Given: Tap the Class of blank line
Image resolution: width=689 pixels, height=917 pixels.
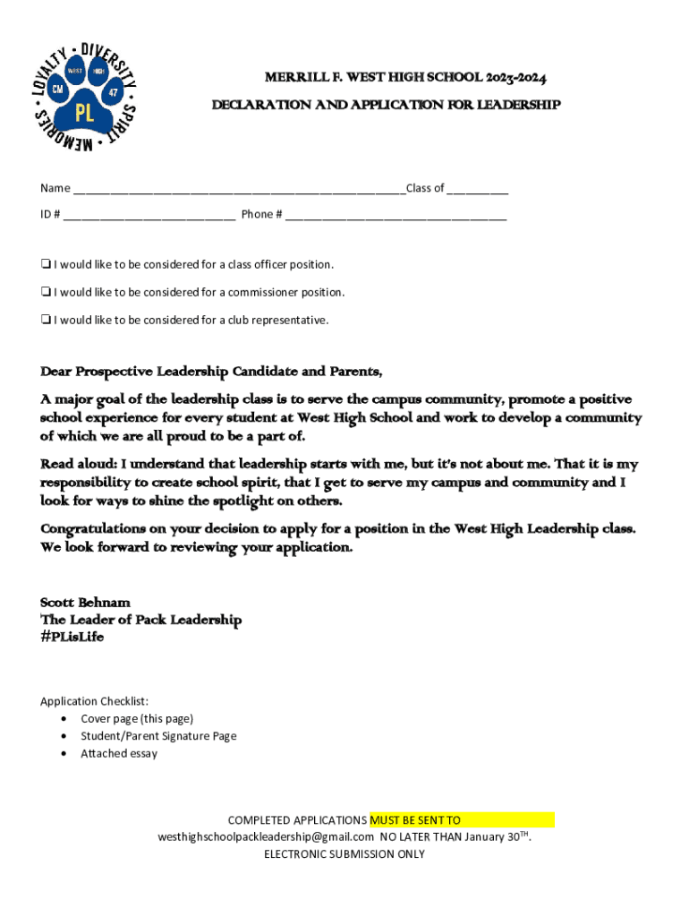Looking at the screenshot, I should [478, 190].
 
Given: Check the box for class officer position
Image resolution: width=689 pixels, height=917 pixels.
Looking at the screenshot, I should [45, 265].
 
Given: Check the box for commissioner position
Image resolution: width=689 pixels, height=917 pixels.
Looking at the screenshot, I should [45, 293].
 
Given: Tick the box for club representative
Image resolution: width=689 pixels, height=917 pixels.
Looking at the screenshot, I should [45, 321].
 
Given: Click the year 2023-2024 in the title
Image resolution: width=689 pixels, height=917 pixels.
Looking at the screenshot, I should [517, 78].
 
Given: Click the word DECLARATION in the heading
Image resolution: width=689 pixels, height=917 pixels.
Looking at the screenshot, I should [253, 106].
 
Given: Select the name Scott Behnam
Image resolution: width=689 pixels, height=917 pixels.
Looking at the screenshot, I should [86, 603].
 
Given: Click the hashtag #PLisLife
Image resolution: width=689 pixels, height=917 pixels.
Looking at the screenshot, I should [72, 637].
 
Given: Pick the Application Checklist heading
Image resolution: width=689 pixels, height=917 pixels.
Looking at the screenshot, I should [95, 701].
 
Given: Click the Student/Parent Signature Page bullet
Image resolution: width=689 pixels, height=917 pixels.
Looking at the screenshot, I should [158, 736].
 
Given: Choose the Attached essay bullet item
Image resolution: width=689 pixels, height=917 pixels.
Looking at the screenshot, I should [119, 754].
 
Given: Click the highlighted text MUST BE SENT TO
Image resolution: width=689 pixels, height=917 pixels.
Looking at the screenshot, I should [415, 819].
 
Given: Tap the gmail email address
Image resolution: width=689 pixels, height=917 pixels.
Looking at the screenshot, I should [266, 836].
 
